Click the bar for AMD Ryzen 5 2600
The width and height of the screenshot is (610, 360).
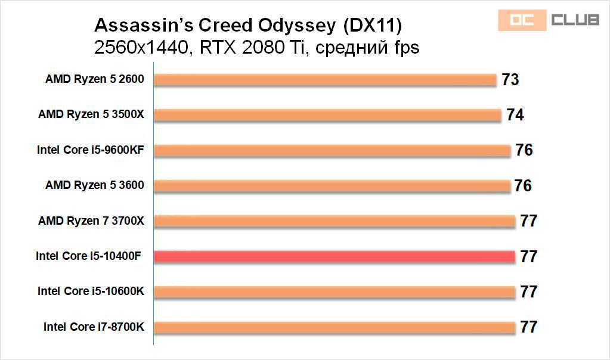[325, 79]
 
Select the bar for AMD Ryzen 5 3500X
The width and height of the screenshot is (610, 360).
[327, 114]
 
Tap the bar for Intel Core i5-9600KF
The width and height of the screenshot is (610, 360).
[332, 150]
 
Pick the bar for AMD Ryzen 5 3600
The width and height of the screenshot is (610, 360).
[332, 185]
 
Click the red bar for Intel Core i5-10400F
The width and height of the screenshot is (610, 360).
[334, 256]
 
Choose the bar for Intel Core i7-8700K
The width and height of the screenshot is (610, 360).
[334, 327]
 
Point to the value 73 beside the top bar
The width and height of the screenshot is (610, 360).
[510, 79]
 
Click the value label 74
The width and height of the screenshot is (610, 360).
[515, 114]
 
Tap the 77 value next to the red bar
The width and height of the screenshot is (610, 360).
[528, 257]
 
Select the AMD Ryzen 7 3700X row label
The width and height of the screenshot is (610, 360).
[91, 221]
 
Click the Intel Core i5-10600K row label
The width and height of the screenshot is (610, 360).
[91, 291]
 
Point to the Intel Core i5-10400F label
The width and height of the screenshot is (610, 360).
[90, 256]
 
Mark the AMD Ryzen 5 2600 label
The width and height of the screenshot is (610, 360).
[95, 79]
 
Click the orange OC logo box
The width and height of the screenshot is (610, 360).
[522, 20]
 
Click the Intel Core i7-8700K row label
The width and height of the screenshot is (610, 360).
[94, 327]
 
